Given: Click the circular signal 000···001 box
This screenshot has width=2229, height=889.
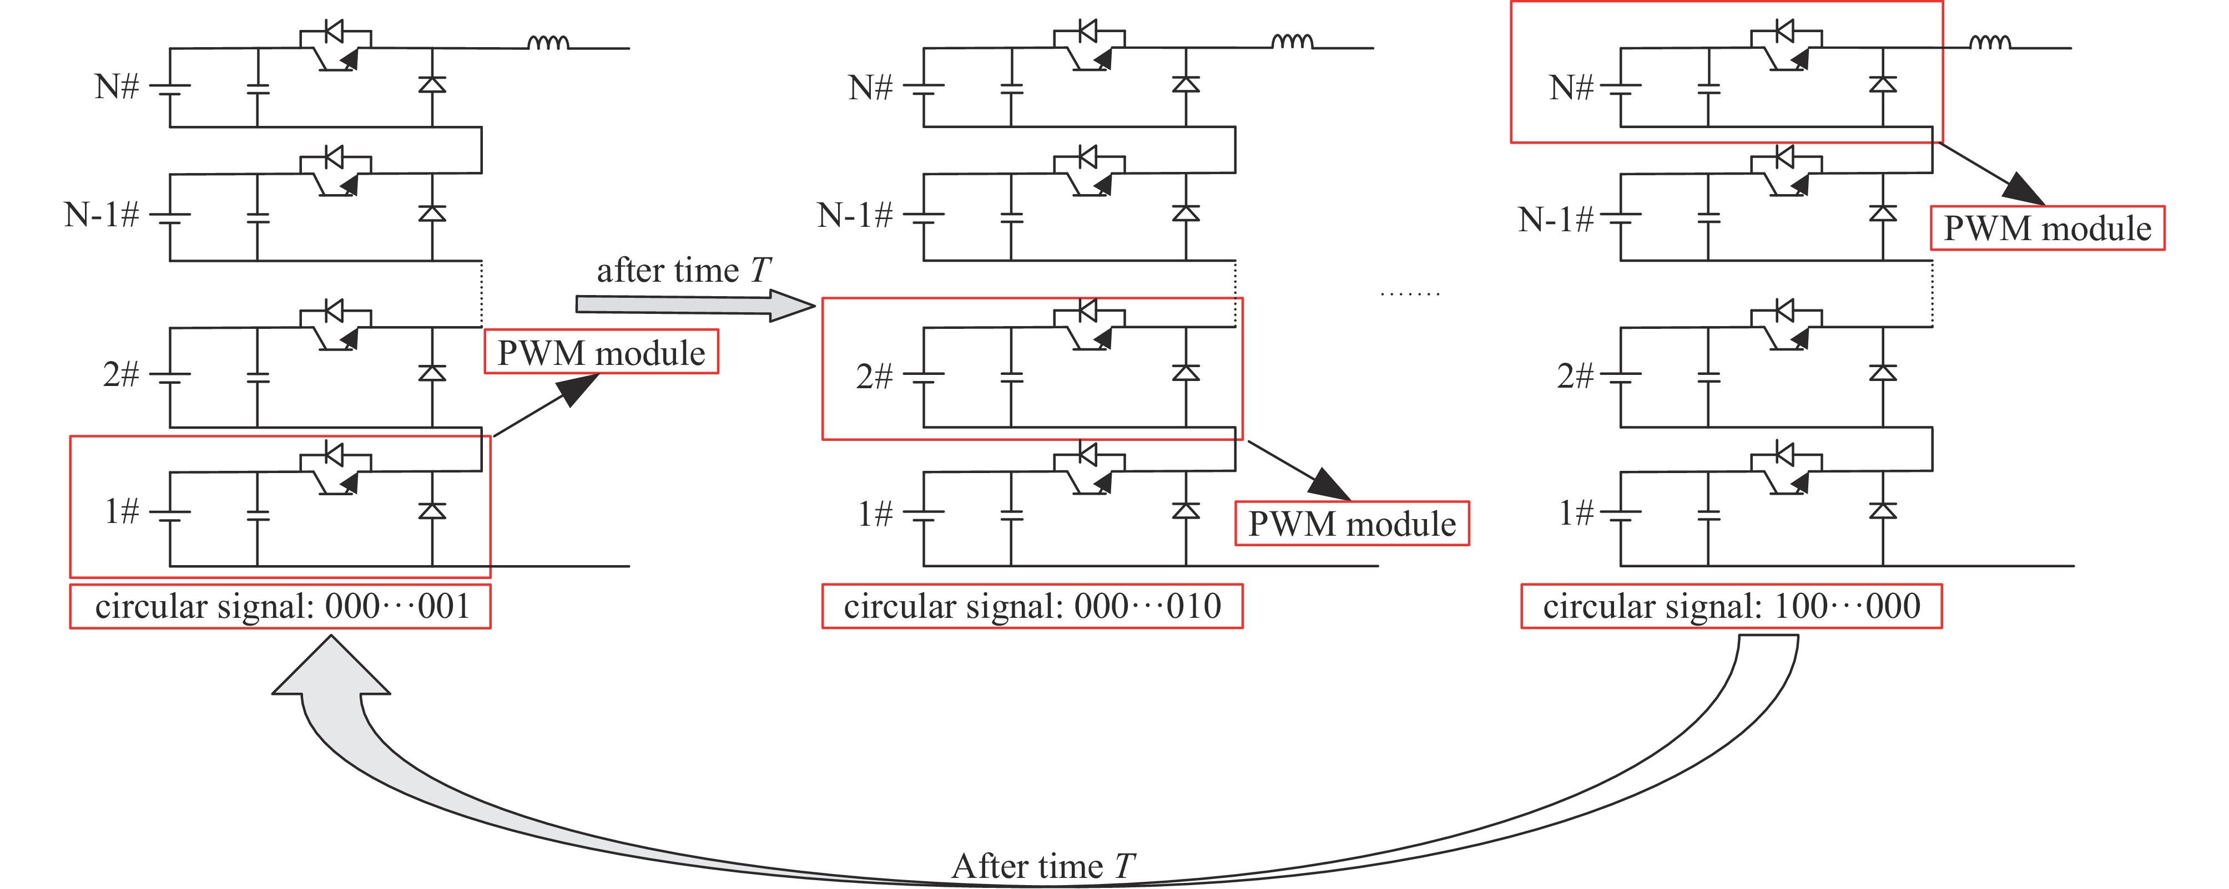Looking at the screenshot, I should [280, 606].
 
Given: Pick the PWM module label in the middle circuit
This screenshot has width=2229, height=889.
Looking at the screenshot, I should [1351, 523].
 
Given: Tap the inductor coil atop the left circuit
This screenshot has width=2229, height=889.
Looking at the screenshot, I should [548, 42].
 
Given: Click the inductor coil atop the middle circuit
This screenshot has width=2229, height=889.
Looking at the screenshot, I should [1292, 42].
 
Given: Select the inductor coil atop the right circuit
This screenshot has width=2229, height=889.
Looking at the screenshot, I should [1990, 42].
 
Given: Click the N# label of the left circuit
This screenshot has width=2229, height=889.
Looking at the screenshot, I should [117, 87].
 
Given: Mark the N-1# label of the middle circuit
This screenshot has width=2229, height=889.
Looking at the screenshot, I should [854, 215].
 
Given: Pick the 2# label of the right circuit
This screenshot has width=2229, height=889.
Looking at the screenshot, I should [1575, 375].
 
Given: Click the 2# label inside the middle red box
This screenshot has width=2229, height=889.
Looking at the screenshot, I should [874, 376].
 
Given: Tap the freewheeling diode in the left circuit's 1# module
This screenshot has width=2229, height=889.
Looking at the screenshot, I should [432, 511].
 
